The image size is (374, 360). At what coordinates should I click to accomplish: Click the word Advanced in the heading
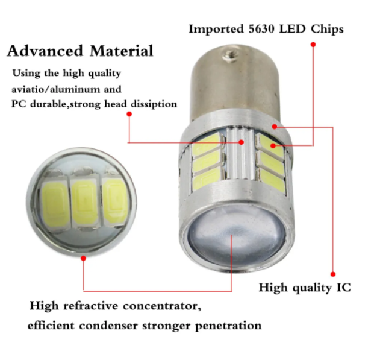45,51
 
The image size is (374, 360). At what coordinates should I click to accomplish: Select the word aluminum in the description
92,89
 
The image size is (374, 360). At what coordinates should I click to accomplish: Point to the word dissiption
154,104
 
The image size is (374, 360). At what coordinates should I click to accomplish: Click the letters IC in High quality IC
342,287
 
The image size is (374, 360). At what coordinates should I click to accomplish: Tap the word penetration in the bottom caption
232,326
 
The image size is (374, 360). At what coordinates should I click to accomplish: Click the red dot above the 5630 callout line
313,44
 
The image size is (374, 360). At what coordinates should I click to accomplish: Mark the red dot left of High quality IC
333,273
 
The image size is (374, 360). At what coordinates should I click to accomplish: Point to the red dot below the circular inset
83,257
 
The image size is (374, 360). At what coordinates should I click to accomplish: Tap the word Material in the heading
121,51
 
